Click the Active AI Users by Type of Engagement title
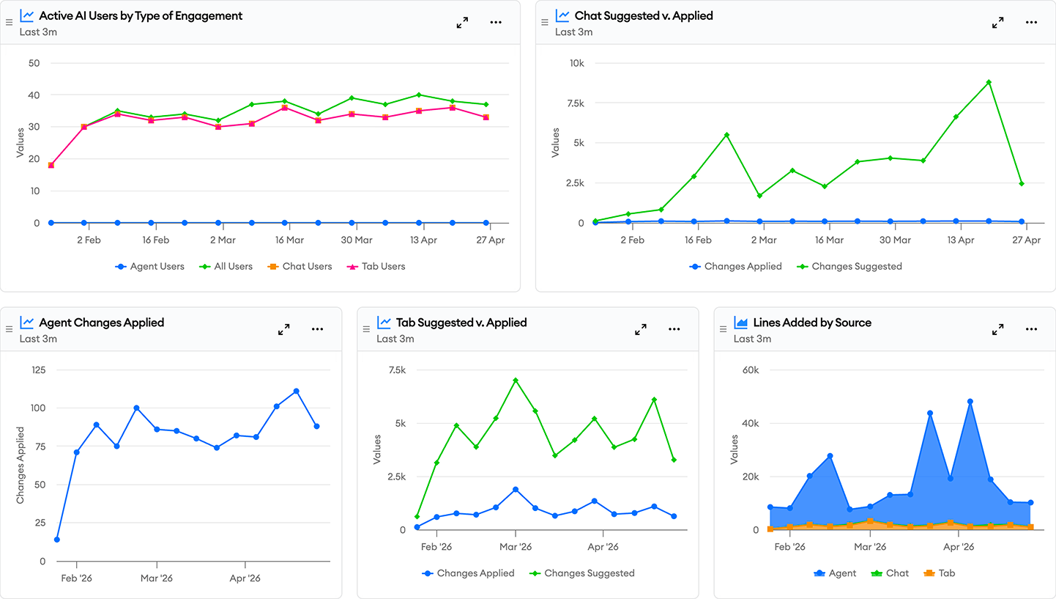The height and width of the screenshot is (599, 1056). pyautogui.click(x=141, y=16)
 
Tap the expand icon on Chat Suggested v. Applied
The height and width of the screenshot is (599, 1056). pyautogui.click(x=997, y=23)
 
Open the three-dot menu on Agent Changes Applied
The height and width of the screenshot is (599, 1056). pyautogui.click(x=317, y=329)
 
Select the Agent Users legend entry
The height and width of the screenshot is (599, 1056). pyautogui.click(x=150, y=266)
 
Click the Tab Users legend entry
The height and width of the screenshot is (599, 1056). pyautogui.click(x=376, y=266)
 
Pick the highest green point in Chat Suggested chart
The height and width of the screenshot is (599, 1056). pyautogui.click(x=989, y=82)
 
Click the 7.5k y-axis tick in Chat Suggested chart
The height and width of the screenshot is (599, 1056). pyautogui.click(x=576, y=103)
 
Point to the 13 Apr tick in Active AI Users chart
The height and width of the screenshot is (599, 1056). pyautogui.click(x=423, y=240)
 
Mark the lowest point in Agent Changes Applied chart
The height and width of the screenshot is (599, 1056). pyautogui.click(x=57, y=540)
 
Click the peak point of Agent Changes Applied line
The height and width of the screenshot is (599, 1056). pyautogui.click(x=296, y=392)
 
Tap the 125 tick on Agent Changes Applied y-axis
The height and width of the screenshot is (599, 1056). pyautogui.click(x=39, y=370)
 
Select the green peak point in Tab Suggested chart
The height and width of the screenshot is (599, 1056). pyautogui.click(x=516, y=380)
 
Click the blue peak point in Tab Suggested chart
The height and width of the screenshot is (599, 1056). pyautogui.click(x=516, y=490)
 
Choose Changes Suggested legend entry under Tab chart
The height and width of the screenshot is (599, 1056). pyautogui.click(x=581, y=573)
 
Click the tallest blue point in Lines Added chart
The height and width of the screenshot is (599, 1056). pyautogui.click(x=970, y=402)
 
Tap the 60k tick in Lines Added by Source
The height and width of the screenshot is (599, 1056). pyautogui.click(x=751, y=370)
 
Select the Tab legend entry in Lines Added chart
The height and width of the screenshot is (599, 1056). pyautogui.click(x=939, y=573)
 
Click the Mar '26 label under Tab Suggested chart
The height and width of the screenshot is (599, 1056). pyautogui.click(x=516, y=547)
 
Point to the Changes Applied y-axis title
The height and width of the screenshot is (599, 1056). pyautogui.click(x=21, y=466)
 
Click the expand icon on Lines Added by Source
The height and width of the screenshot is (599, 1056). pyautogui.click(x=997, y=329)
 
